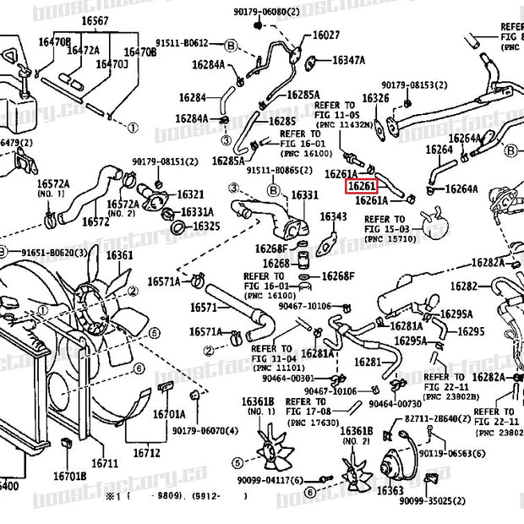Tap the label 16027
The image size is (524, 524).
[x=326, y=35]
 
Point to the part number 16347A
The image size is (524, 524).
[x=348, y=60]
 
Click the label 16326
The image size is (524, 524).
[x=374, y=98]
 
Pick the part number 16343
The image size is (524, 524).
[x=333, y=216]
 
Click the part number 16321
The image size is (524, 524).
[x=189, y=194]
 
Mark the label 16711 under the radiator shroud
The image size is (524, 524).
[x=105, y=463]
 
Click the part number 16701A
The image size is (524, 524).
[x=169, y=414]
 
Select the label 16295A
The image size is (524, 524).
[x=410, y=340]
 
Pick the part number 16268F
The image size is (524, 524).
[x=270, y=248]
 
